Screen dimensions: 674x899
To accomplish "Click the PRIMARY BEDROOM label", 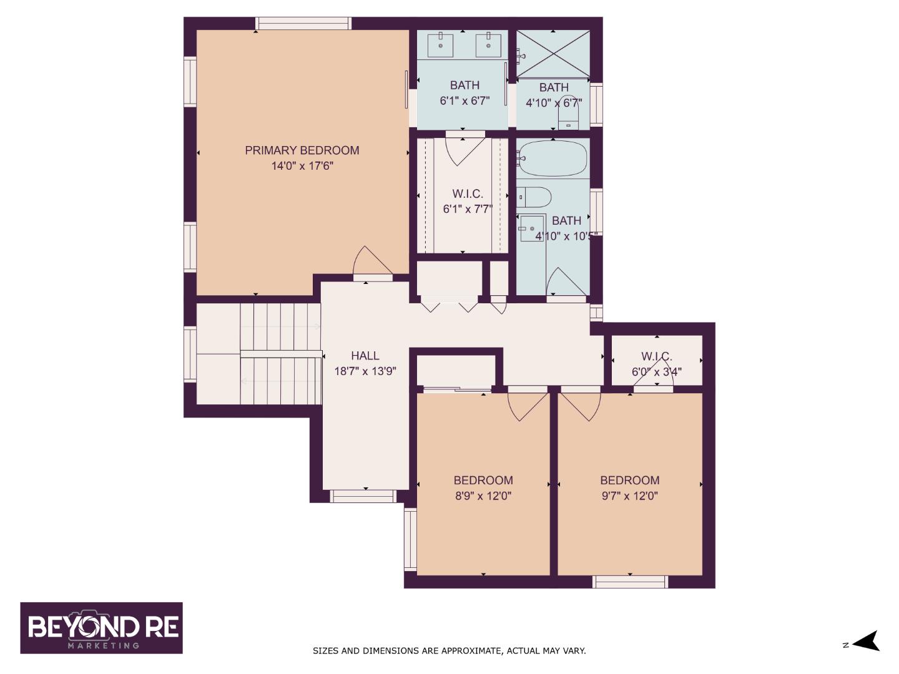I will [302, 150].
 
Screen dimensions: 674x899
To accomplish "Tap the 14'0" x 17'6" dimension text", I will [302, 166].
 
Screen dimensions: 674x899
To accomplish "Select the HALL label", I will [365, 356].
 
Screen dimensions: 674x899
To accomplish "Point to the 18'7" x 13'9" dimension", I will [365, 371].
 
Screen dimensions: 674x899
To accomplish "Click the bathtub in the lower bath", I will [553, 159].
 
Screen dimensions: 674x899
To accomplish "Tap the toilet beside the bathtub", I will [534, 197].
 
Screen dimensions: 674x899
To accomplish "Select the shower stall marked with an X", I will [553, 54].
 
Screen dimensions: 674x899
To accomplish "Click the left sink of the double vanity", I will [441, 44].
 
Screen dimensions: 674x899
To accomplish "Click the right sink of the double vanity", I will [489, 44].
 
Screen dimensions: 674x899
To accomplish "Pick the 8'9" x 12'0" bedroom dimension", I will [483, 496].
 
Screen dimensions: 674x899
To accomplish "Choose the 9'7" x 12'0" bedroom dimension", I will [629, 496].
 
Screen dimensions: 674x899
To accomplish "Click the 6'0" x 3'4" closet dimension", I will [657, 371].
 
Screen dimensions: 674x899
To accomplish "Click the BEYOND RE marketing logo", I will [102, 628].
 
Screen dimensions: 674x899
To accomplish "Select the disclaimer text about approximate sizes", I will [449, 651].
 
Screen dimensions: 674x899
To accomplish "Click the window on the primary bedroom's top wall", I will [303, 24].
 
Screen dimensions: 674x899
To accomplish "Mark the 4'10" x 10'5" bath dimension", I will [566, 237].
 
